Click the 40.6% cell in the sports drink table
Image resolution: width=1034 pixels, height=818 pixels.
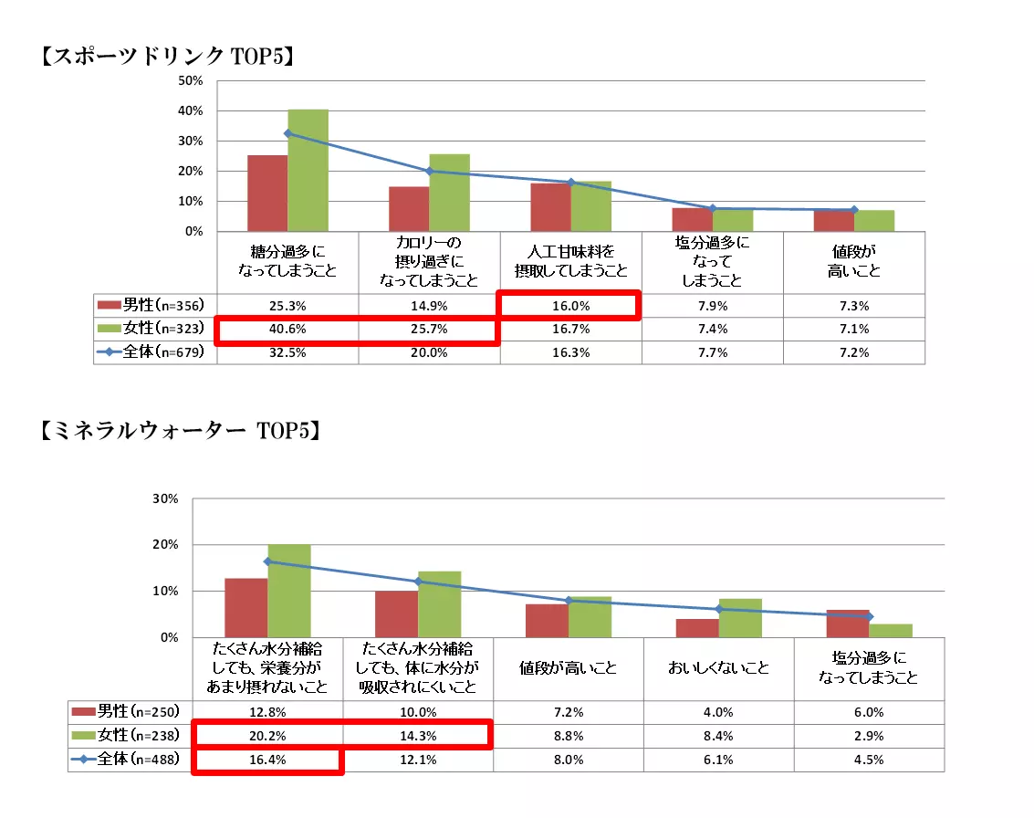[287, 329]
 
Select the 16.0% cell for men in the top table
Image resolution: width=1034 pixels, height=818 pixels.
[570, 306]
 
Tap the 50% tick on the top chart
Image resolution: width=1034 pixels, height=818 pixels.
[191, 80]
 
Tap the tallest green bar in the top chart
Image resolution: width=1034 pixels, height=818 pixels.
[308, 170]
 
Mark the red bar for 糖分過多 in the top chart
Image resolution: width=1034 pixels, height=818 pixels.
[266, 193]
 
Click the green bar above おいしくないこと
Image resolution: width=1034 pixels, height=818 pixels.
[740, 618]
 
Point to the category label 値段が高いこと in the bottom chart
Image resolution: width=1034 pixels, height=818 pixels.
[569, 668]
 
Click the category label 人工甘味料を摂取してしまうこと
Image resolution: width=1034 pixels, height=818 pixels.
[570, 263]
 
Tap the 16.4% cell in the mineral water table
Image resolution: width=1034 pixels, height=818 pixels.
[267, 760]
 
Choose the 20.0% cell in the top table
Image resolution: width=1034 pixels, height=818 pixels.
[429, 352]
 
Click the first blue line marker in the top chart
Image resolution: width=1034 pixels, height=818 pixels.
[288, 133]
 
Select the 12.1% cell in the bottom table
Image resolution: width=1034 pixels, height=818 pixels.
[418, 760]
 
